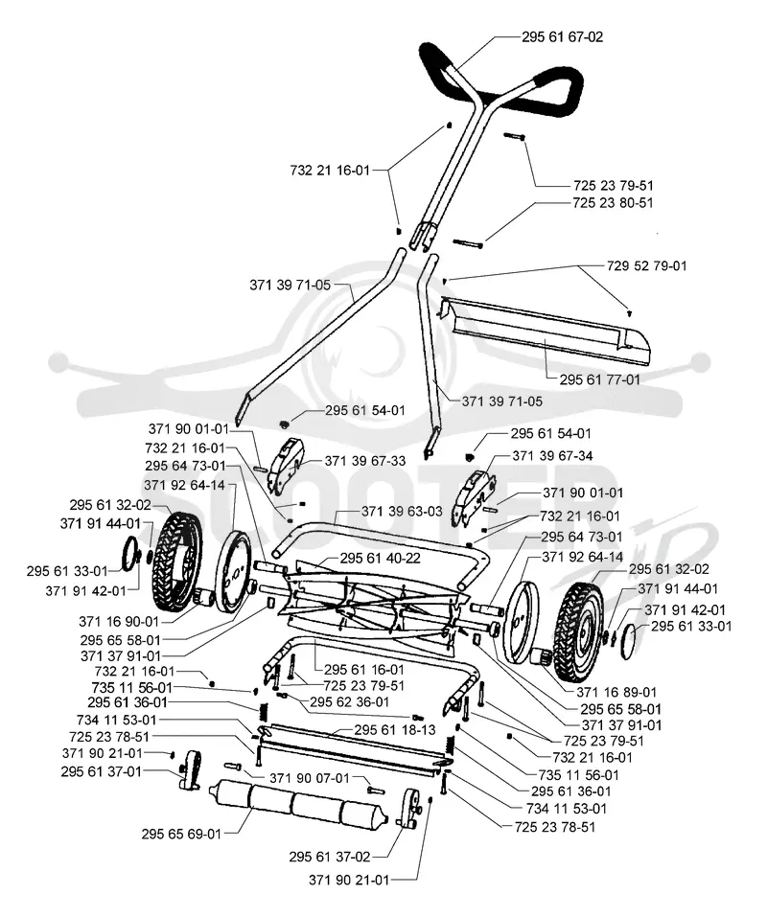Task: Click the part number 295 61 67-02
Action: [562, 36]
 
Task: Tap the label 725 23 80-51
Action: [613, 202]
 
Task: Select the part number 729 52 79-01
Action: [646, 265]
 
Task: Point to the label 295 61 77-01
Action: [599, 379]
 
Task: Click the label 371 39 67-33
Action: [365, 461]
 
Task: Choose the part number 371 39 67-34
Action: [552, 455]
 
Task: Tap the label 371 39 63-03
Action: [402, 511]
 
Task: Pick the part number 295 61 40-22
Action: [381, 559]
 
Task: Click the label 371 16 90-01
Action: [119, 621]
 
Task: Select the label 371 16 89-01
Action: [616, 693]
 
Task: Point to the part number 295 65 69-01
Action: [181, 834]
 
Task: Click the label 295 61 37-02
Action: [330, 857]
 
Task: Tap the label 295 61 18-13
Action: [395, 730]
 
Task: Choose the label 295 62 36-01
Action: [349, 701]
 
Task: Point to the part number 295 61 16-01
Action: [364, 670]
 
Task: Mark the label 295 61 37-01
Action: [102, 772]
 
